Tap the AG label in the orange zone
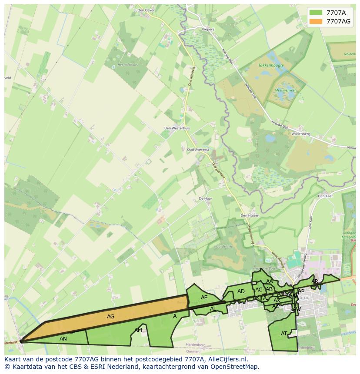coord(111,317)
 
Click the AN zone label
coord(63,338)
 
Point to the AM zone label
coord(138,330)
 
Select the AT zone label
coord(284,334)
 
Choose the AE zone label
coord(204,298)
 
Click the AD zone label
coord(241,291)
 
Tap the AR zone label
coord(315,281)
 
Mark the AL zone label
coord(213,309)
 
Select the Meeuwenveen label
coord(285,90)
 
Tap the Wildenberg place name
coord(301,134)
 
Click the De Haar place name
coord(205,198)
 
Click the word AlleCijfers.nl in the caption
coord(226,359)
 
